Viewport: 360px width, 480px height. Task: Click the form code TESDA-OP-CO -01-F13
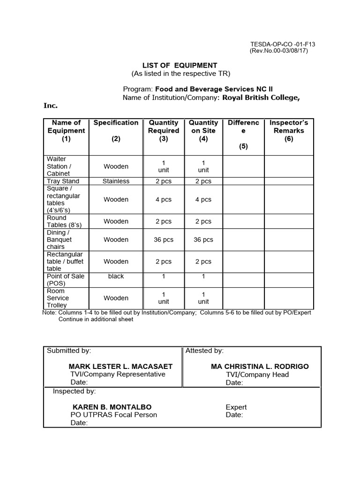[283, 45]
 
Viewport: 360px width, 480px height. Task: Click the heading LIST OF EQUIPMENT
[180, 65]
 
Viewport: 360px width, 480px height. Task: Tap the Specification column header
[116, 123]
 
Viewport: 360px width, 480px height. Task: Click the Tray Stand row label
[63, 181]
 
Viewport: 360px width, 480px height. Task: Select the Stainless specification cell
[116, 181]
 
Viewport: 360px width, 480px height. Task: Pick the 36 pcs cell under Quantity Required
[164, 240]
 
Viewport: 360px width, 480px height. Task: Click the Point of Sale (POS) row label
[65, 280]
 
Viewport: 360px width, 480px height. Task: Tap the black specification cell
[116, 276]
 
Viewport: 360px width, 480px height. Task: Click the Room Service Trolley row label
[58, 298]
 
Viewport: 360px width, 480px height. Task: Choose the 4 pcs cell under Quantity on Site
[203, 199]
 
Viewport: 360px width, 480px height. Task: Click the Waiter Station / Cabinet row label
[59, 166]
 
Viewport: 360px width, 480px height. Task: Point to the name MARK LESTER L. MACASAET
[120, 367]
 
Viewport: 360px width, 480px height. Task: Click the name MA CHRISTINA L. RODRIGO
[260, 367]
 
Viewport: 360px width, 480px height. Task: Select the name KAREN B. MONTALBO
[112, 407]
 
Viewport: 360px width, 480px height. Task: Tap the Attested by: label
[204, 351]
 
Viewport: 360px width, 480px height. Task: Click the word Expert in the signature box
[236, 407]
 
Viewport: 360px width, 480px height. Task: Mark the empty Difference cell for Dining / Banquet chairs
[243, 240]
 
